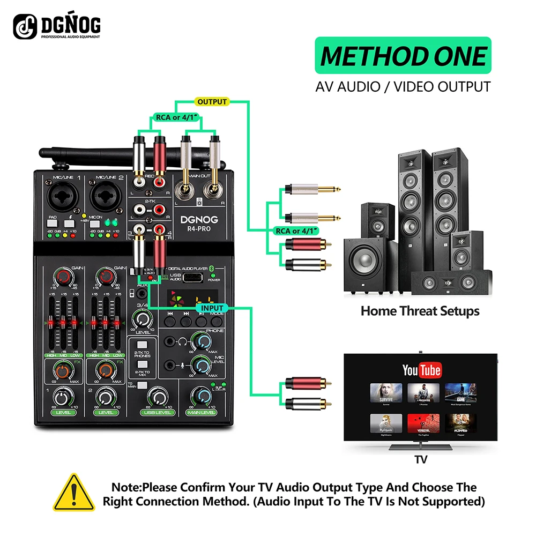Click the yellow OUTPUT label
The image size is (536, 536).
(212, 101)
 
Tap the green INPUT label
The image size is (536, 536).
(212, 308)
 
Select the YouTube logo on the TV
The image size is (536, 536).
(421, 370)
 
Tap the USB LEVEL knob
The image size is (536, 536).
(157, 397)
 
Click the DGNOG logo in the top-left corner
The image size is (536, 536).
(57, 26)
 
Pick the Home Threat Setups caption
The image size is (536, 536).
(420, 310)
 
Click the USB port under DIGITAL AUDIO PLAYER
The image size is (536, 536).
(193, 278)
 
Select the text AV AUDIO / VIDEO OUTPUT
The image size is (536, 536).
(403, 86)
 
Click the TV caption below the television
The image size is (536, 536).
(421, 459)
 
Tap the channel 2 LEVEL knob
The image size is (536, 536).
(106, 397)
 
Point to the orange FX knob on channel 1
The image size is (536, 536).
(63, 370)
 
